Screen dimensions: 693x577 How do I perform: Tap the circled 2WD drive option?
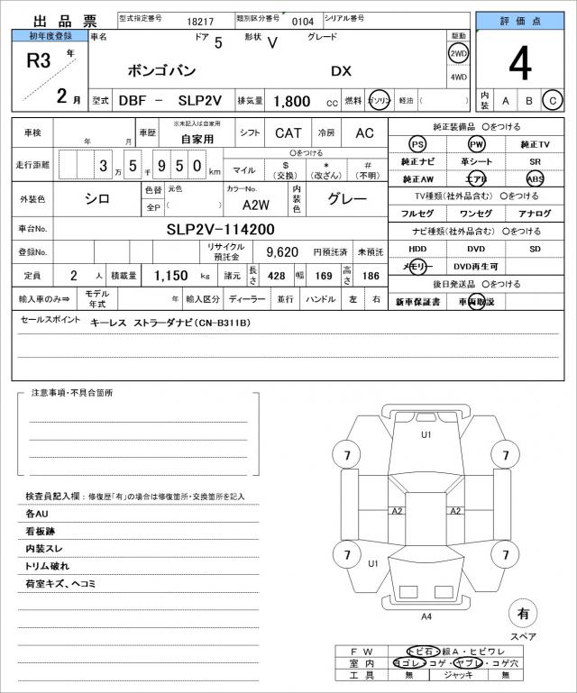459,53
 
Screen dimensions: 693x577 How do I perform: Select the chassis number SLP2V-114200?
220,229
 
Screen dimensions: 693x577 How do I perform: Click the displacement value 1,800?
290,102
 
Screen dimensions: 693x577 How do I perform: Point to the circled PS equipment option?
417,145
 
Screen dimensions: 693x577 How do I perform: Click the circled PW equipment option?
476,145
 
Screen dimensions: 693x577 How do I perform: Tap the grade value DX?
342,71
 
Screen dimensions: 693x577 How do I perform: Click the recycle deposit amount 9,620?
281,252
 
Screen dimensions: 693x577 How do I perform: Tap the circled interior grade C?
553,101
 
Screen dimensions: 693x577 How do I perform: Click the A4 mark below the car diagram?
426,616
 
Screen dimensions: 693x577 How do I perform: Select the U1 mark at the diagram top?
426,434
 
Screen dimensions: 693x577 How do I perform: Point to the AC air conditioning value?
364,133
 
